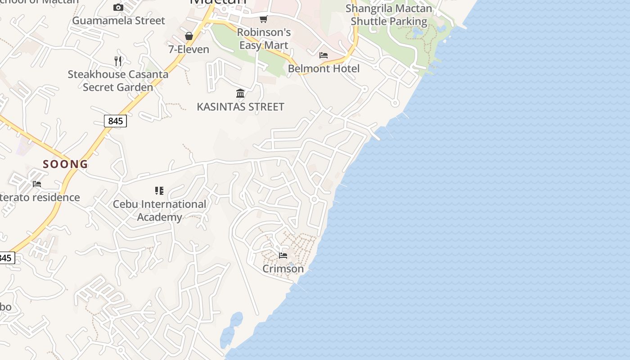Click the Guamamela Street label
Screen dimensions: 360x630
click(118, 21)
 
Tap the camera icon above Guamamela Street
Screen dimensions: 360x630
click(118, 7)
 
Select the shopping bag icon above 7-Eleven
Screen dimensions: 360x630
click(189, 36)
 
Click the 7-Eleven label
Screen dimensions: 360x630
click(189, 49)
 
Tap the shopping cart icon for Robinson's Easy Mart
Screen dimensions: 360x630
click(263, 19)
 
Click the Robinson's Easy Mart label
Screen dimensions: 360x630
click(264, 39)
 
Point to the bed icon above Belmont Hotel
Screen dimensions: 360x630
click(323, 55)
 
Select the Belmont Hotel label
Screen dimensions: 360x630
click(324, 69)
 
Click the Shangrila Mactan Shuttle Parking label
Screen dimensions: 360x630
click(389, 15)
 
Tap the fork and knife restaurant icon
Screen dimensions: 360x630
click(118, 61)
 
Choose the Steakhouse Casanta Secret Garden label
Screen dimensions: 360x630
click(118, 81)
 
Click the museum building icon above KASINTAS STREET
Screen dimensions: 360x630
click(240, 93)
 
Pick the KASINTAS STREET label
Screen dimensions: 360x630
click(240, 107)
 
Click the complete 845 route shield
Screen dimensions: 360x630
click(115, 121)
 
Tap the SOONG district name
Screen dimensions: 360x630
click(65, 164)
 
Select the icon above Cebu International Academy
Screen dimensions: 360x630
click(159, 191)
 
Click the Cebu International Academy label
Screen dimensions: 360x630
click(159, 211)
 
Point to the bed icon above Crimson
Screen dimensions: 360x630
click(283, 255)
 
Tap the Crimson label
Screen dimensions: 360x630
click(283, 269)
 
